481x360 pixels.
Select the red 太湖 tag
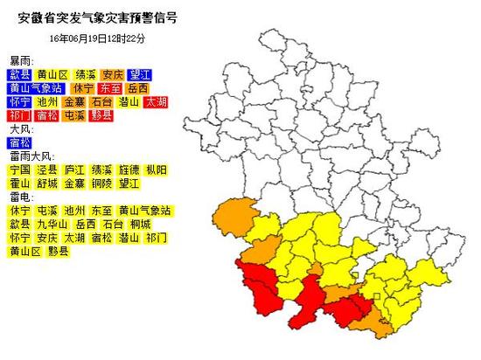click(x=156, y=102)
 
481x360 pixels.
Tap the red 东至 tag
click(x=111, y=88)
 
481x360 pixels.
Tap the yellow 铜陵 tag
click(x=101, y=183)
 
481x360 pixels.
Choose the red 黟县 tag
click(x=101, y=115)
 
